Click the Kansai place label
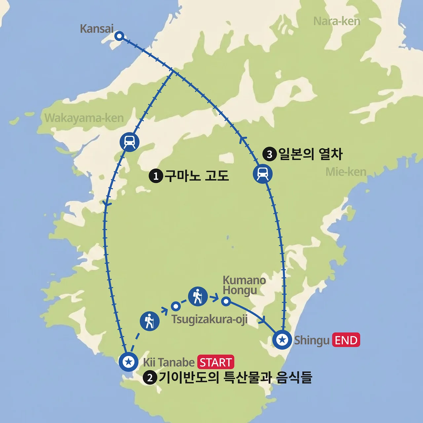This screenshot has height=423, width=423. point(96,29)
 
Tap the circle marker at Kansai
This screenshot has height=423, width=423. point(119,36)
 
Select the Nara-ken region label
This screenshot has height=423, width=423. point(336,21)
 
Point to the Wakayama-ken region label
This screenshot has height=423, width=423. point(84,118)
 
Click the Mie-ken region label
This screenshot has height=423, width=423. point(346,172)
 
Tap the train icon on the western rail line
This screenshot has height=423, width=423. point(130,142)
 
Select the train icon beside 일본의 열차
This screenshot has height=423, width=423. point(263,173)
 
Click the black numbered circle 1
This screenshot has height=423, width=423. point(156,176)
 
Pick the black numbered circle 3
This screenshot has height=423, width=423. point(269,154)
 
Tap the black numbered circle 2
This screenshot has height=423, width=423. point(150,378)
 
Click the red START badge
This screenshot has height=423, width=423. point(216,362)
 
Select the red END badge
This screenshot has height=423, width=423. point(346,340)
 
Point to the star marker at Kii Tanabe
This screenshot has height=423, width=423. point(129,362)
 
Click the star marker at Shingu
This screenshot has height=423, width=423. point(282,339)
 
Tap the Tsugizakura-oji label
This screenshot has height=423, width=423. point(209,320)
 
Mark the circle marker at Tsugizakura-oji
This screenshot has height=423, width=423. point(175,306)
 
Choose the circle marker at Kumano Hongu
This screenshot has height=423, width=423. point(226,301)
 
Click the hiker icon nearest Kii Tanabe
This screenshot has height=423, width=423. point(150,321)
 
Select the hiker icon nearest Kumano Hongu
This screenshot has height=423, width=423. point(198,296)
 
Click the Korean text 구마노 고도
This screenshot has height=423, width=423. point(197,176)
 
